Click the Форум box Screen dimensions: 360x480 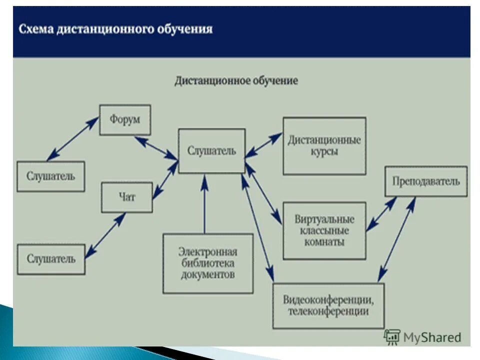pyautogui.click(x=124, y=120)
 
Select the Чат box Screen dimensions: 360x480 pyautogui.click(x=126, y=197)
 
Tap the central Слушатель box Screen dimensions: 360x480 pyautogui.click(x=211, y=151)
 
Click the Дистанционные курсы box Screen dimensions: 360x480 pyautogui.click(x=324, y=146)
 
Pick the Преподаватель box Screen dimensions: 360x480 pyautogui.click(x=426, y=181)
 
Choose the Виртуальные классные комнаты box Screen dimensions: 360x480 pyautogui.click(x=324, y=230)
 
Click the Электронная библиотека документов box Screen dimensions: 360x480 pyautogui.click(x=207, y=263)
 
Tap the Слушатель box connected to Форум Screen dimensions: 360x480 pyautogui.click(x=50, y=176)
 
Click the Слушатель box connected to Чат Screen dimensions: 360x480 pyautogui.click(x=50, y=259)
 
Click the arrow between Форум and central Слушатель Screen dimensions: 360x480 pyautogui.click(x=156, y=148)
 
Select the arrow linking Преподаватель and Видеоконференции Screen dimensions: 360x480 pyautogui.click(x=397, y=239)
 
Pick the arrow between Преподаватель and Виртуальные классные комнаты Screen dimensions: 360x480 pyautogui.click(x=381, y=214)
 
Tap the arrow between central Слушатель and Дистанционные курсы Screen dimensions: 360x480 pyautogui.click(x=263, y=145)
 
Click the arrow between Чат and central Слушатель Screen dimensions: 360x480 pyautogui.click(x=165, y=180)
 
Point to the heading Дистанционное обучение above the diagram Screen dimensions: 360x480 pyautogui.click(x=236, y=80)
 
